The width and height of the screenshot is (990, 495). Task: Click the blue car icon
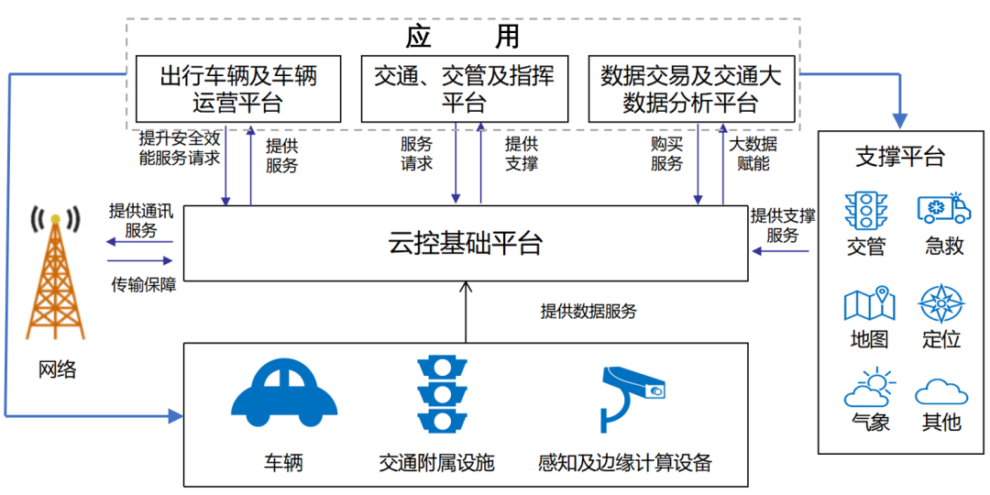pos(284,395)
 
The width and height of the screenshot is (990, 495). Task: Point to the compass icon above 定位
pos(941,303)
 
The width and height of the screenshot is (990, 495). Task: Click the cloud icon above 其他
pos(941,391)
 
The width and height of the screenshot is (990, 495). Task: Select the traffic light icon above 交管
pos(863,210)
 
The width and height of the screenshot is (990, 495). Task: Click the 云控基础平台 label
pos(465,243)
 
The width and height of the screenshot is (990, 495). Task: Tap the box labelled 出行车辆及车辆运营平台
pos(238,89)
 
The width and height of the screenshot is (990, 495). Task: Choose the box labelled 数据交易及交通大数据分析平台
pos(691,89)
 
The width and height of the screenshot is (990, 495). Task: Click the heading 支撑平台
pos(899,157)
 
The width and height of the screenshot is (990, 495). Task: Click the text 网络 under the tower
pos(57,369)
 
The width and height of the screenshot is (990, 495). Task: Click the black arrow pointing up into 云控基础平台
pos(465,312)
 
